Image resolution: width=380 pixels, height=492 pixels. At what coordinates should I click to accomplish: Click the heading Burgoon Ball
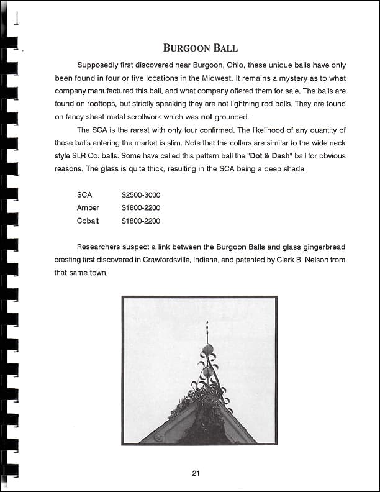[200, 48]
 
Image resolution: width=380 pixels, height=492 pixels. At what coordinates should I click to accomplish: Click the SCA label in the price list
[84, 195]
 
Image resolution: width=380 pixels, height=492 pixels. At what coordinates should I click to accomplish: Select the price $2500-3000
[141, 195]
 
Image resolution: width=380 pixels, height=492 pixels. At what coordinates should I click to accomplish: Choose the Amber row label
[88, 207]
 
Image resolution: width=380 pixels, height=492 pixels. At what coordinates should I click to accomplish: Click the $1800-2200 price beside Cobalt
[141, 221]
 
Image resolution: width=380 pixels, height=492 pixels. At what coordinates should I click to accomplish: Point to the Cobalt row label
[88, 221]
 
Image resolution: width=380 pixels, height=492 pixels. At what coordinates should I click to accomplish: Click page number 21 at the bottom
[195, 473]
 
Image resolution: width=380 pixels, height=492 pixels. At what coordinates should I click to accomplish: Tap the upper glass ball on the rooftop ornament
[209, 349]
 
